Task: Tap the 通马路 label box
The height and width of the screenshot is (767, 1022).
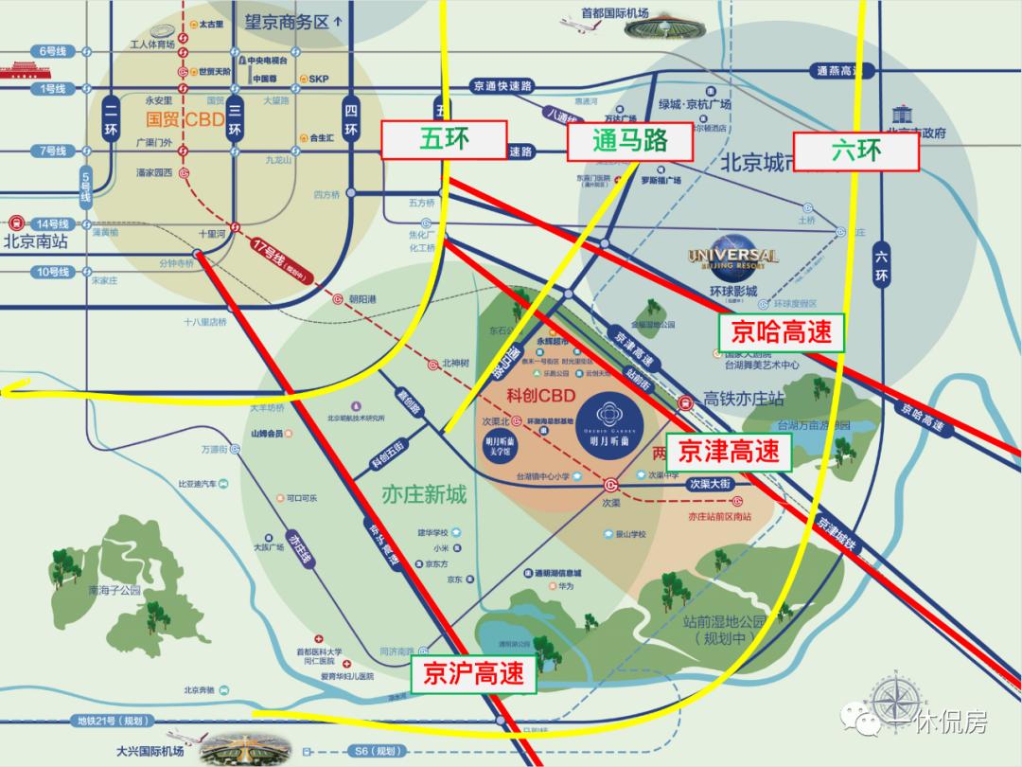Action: (x=630, y=141)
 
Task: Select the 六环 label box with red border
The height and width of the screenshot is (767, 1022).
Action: (x=856, y=151)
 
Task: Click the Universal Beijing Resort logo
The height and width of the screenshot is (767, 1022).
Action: (x=733, y=258)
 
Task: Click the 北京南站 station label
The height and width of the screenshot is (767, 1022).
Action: (x=36, y=241)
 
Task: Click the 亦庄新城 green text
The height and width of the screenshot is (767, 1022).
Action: (x=424, y=494)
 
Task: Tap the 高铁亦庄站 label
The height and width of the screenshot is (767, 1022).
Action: (x=744, y=400)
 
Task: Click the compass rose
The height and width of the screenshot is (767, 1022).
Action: (x=898, y=700)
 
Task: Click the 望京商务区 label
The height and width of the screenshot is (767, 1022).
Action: (x=289, y=19)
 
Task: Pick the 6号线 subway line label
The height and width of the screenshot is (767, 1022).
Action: (x=51, y=49)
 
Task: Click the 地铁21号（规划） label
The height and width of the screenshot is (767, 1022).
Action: (x=113, y=721)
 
